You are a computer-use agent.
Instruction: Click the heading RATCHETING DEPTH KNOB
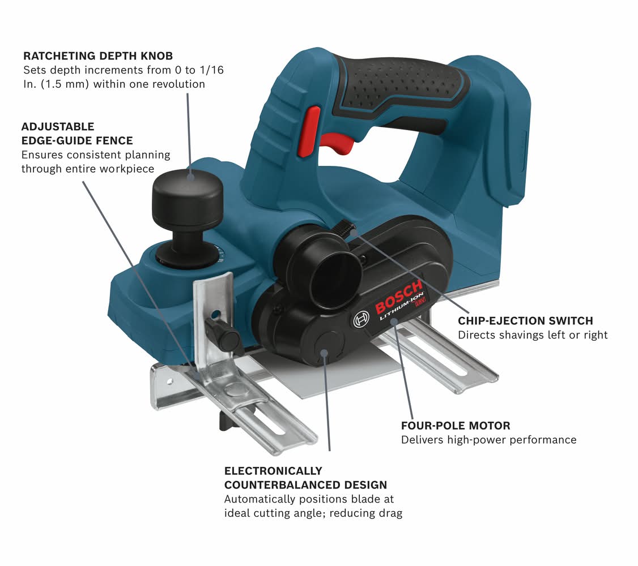coord(98,56)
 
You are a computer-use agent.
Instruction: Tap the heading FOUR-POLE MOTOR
coord(456,426)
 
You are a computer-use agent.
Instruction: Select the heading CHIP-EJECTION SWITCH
coord(525,321)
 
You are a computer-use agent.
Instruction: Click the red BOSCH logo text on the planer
coord(398,297)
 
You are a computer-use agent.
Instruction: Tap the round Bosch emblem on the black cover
coord(361,319)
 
